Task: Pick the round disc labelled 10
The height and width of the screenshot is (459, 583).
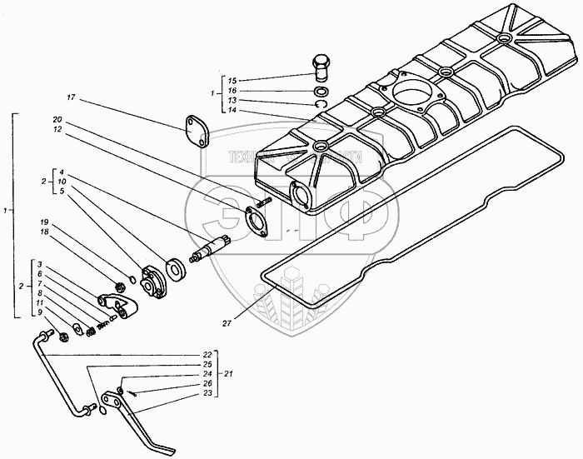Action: [176, 268]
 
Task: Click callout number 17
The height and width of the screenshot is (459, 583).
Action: [72, 98]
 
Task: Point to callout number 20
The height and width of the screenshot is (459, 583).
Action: [56, 118]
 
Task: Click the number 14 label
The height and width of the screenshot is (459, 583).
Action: [232, 108]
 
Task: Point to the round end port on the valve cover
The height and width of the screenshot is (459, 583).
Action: [298, 197]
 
